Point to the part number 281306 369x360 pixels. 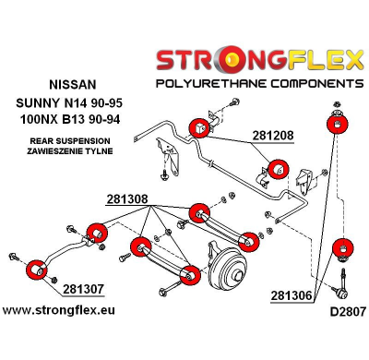(293, 295)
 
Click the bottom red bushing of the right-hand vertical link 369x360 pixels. (342, 249)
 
